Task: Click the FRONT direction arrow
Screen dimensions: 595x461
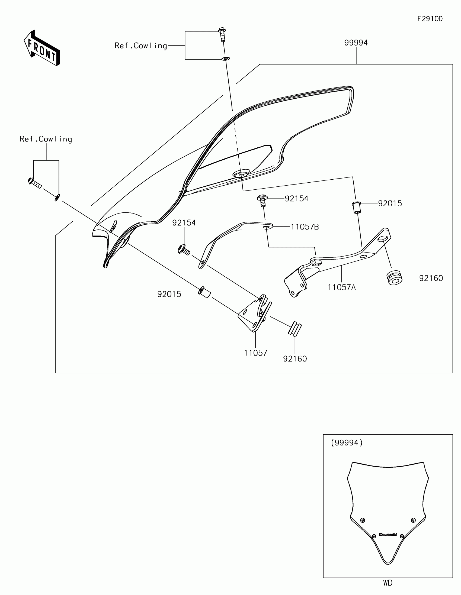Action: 42,48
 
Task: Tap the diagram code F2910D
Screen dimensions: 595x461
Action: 430,19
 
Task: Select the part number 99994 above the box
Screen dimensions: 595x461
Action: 356,43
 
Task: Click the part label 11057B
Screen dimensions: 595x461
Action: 305,227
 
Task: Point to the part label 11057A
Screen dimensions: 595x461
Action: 342,287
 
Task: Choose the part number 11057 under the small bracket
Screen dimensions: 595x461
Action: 255,353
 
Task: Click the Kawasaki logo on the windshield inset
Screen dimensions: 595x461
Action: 388,535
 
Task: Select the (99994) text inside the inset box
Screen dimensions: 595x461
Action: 347,443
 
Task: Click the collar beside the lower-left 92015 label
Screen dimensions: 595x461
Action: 204,292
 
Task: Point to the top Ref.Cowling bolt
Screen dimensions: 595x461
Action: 222,35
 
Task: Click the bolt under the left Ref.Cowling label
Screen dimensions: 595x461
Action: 34,183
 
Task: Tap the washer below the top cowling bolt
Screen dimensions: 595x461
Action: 226,59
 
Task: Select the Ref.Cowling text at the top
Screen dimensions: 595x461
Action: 141,46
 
